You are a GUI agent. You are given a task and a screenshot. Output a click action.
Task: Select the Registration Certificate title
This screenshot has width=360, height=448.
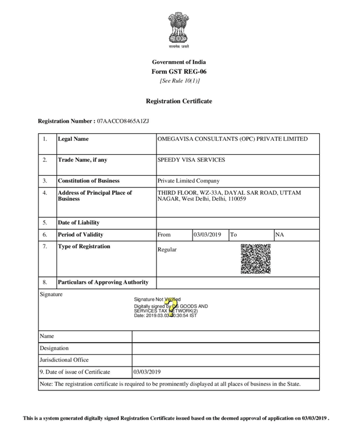(x=179, y=101)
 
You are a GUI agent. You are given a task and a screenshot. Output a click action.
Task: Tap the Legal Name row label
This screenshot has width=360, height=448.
(x=73, y=140)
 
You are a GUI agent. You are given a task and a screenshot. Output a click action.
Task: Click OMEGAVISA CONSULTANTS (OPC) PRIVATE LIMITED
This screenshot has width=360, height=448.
(x=233, y=140)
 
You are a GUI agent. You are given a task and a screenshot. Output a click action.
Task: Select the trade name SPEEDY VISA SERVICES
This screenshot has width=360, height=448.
(x=191, y=160)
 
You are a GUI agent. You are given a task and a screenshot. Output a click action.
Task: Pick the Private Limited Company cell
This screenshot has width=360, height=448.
(x=189, y=181)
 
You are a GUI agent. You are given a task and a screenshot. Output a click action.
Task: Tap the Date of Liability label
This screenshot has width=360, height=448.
(x=79, y=223)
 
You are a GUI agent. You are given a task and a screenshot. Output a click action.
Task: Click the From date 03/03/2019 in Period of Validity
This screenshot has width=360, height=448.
(x=208, y=235)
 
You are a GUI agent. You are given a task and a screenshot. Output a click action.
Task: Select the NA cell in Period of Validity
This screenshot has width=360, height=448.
(x=280, y=235)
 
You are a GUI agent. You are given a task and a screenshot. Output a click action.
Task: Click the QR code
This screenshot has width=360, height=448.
(x=255, y=258)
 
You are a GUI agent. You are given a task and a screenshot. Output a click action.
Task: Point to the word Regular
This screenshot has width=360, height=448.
(x=167, y=250)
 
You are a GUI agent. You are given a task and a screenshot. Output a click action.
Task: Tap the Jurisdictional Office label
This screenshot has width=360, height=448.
(x=64, y=360)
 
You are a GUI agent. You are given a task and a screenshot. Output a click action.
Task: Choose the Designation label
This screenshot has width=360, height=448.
(x=54, y=348)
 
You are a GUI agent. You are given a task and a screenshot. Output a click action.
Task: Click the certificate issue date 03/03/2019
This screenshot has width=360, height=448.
(x=147, y=372)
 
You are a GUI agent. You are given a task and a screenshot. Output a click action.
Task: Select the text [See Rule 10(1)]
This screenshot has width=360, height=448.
(x=179, y=81)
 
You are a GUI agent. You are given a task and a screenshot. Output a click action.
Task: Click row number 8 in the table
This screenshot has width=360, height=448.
(x=45, y=283)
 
